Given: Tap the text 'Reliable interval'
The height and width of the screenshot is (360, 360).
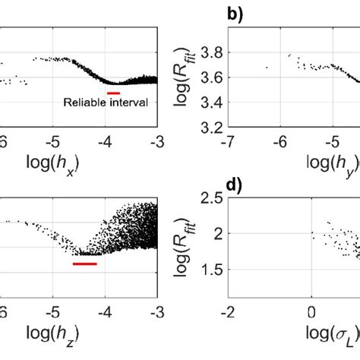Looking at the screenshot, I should point(112,102).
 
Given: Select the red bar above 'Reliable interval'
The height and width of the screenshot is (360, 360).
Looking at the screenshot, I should point(113,93).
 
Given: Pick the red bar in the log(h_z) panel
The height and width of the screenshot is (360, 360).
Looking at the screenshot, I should point(85,264).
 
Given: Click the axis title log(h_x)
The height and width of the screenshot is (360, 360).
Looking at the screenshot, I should point(79,166).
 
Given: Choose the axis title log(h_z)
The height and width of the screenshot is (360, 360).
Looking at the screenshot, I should point(79,333).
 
